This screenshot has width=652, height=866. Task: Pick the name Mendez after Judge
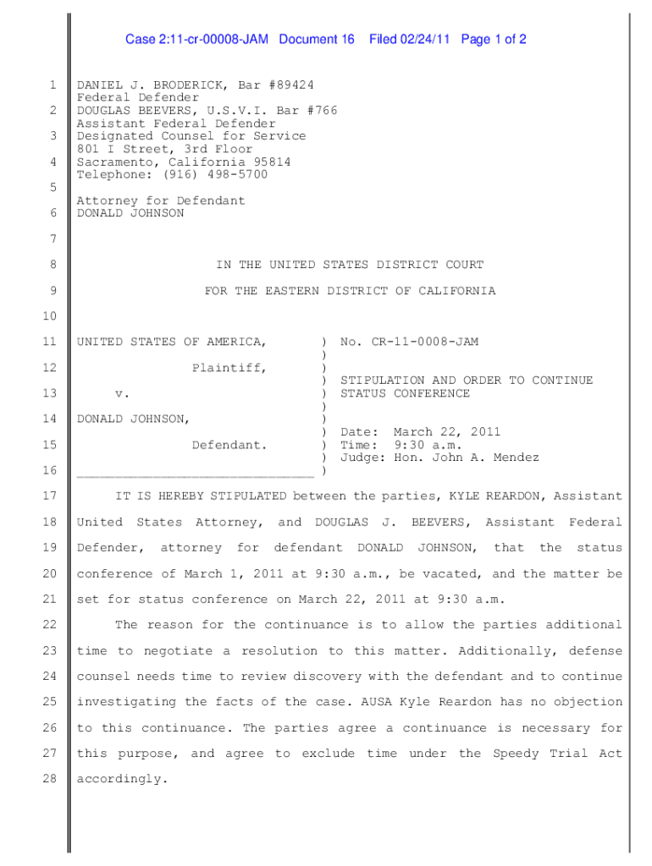(x=512, y=458)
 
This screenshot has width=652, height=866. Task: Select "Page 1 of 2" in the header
(x=495, y=40)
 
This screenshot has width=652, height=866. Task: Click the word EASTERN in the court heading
(x=295, y=291)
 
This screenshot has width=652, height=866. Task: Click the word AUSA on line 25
(x=376, y=702)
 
